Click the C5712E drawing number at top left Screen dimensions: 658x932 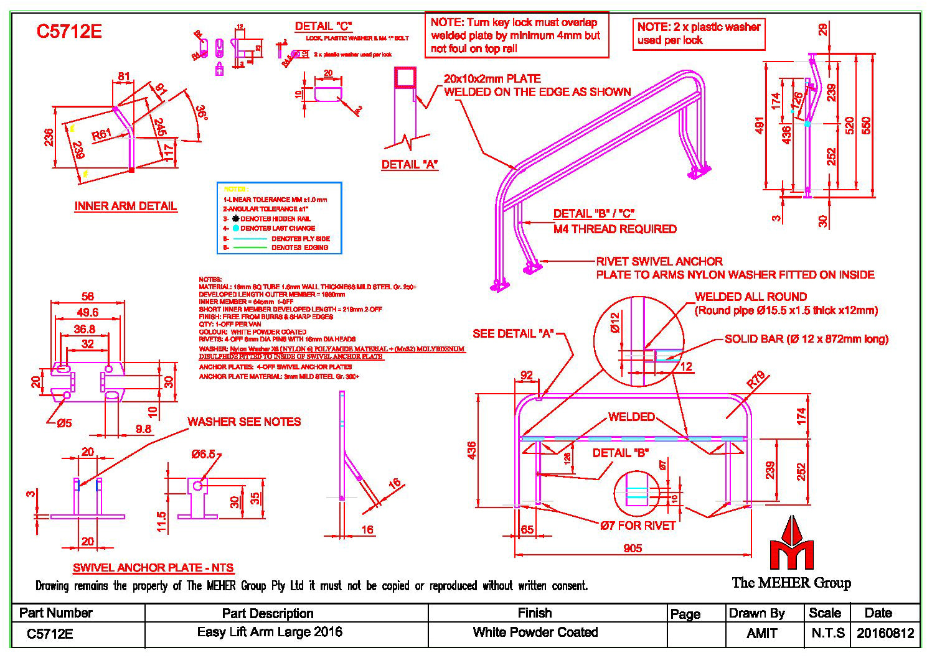click(x=68, y=32)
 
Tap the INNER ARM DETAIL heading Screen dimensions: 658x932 click(x=126, y=206)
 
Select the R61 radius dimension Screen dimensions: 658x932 click(x=101, y=134)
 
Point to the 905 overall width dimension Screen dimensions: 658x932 click(x=632, y=548)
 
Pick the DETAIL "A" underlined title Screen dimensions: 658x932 click(x=410, y=165)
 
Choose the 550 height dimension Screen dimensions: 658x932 click(x=866, y=125)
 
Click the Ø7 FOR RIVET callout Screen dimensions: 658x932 click(x=638, y=526)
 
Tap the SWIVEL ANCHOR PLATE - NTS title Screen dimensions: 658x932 click(x=153, y=568)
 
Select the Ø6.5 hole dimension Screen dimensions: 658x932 click(x=203, y=455)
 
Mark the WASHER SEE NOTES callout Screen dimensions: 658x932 click(x=244, y=422)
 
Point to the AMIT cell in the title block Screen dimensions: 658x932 click(x=761, y=633)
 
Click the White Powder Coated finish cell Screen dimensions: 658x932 click(x=535, y=633)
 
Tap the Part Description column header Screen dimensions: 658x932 click(x=268, y=613)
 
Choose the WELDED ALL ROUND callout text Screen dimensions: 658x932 click(x=751, y=297)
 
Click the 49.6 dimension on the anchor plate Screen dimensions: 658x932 click(x=87, y=312)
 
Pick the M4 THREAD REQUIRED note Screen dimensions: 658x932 click(x=615, y=229)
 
